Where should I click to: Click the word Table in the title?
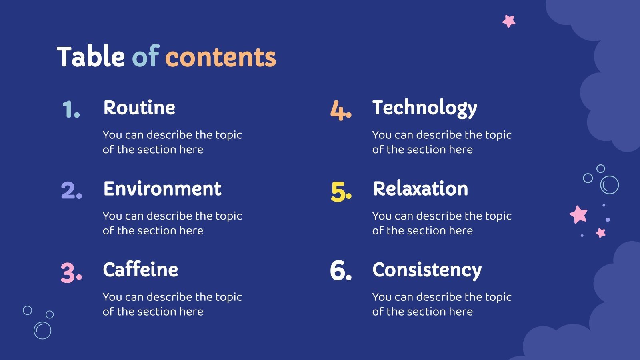click(x=91, y=56)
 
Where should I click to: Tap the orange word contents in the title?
click(x=221, y=57)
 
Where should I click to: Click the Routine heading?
click(x=139, y=108)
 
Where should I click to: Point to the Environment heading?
click(x=162, y=189)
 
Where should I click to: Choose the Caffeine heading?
click(x=140, y=270)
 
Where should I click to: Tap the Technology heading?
click(x=425, y=108)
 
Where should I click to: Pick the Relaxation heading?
click(x=420, y=189)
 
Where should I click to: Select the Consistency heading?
click(x=427, y=270)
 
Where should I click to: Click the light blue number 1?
click(x=71, y=109)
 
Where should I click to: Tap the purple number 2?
click(x=71, y=190)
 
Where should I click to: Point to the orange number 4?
click(x=341, y=110)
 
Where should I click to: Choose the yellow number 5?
click(x=341, y=192)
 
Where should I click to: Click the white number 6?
click(x=341, y=270)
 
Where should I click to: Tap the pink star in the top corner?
click(x=509, y=21)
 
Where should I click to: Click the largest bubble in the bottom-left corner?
click(x=42, y=330)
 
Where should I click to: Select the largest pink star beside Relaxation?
click(x=578, y=214)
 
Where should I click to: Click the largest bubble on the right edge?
click(x=610, y=185)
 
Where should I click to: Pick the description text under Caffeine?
click(x=172, y=304)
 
